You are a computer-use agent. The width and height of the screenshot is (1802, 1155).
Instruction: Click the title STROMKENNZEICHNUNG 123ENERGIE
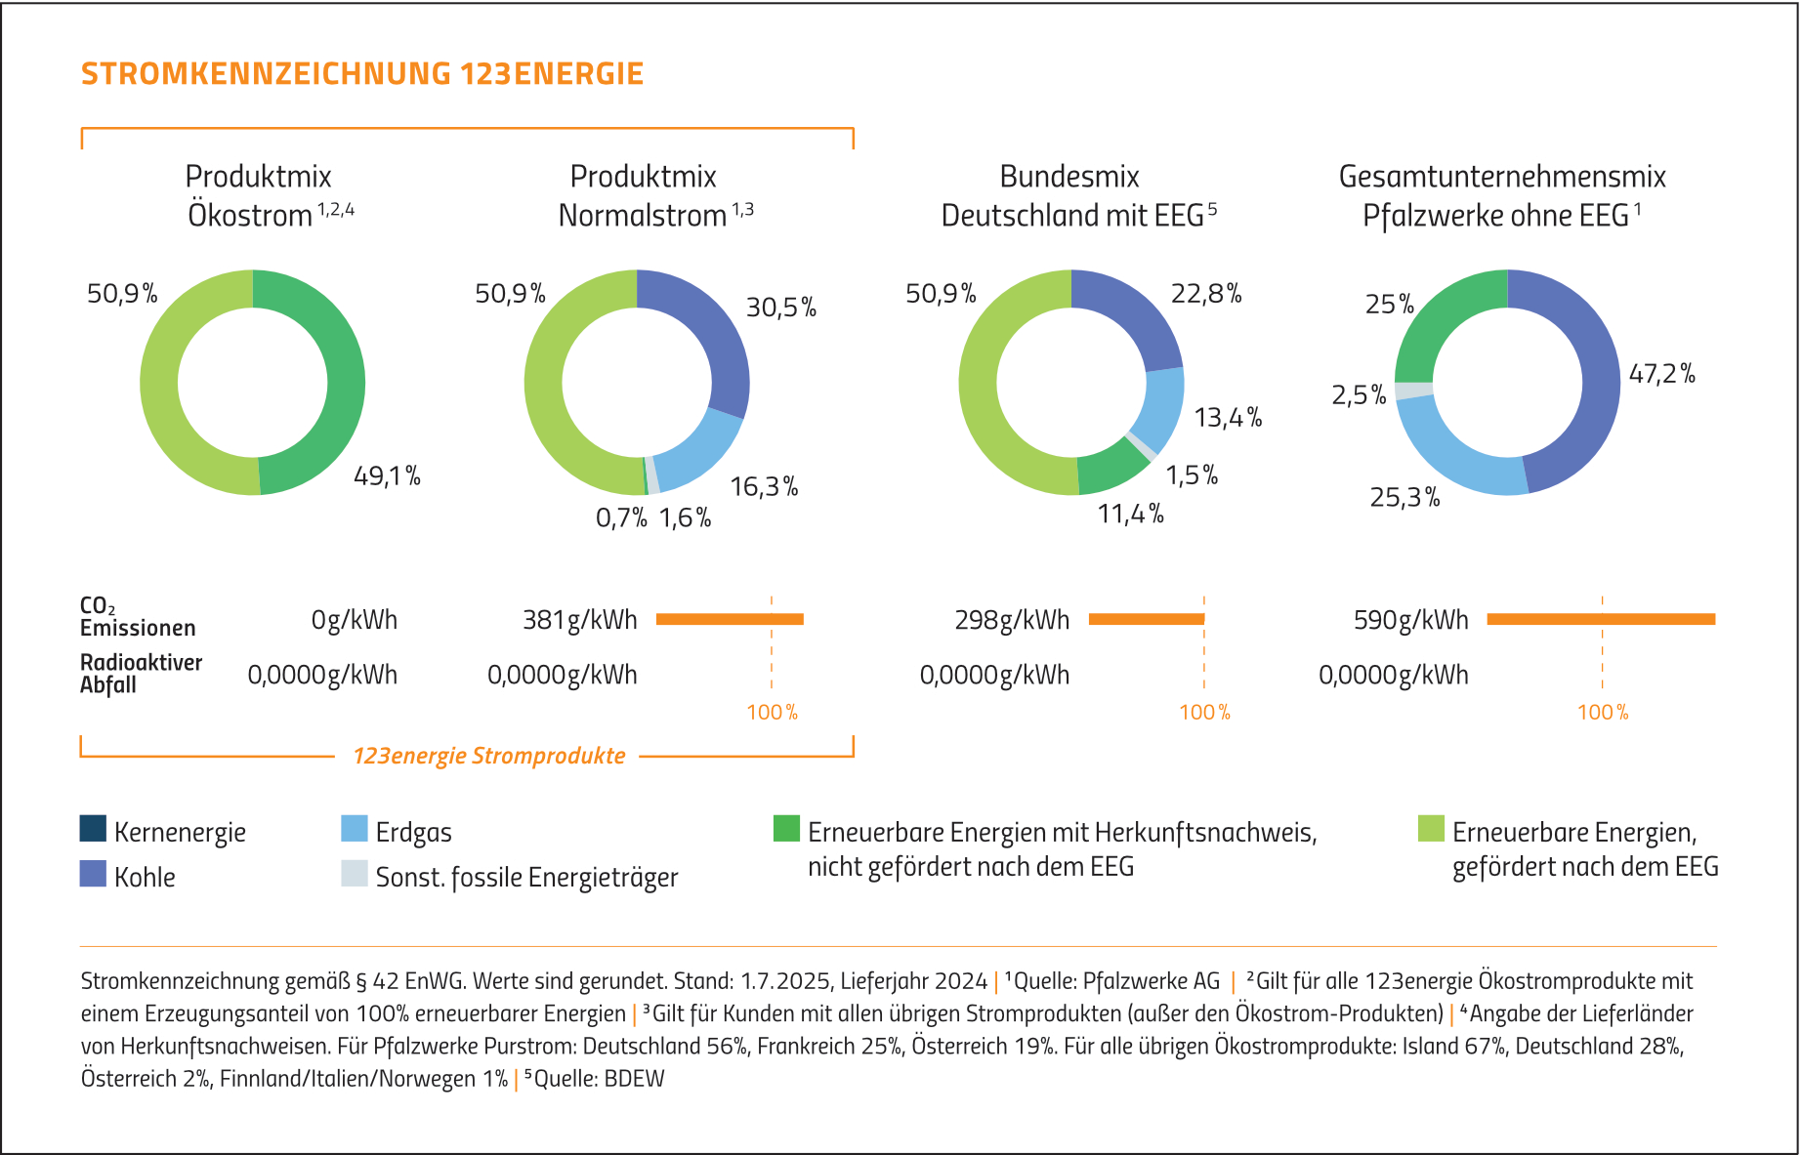pos(362,74)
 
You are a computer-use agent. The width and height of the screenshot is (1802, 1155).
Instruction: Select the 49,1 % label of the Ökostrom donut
pos(387,476)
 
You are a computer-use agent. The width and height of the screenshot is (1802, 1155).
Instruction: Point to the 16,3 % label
pos(764,486)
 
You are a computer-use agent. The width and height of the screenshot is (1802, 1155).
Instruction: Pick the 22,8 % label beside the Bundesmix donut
pos(1206,294)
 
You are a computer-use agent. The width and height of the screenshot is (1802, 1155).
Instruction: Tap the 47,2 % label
pos(1661,374)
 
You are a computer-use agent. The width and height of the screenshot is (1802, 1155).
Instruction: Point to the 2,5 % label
pos(1359,395)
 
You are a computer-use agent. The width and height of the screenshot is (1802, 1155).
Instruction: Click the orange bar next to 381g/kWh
pos(730,619)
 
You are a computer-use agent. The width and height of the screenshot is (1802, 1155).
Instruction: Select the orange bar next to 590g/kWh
pos(1601,619)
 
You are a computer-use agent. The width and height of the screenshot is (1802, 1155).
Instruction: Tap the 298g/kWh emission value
pos(1012,620)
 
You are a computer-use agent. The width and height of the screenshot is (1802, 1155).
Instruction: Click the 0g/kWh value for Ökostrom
pos(355,620)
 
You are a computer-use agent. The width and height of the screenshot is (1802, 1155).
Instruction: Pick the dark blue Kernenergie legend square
pos(93,829)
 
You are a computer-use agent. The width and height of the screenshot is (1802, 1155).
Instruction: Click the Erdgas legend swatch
pos(355,829)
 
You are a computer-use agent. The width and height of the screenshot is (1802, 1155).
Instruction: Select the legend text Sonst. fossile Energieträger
pos(526,877)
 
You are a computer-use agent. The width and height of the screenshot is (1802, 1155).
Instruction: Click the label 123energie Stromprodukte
pos(488,756)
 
